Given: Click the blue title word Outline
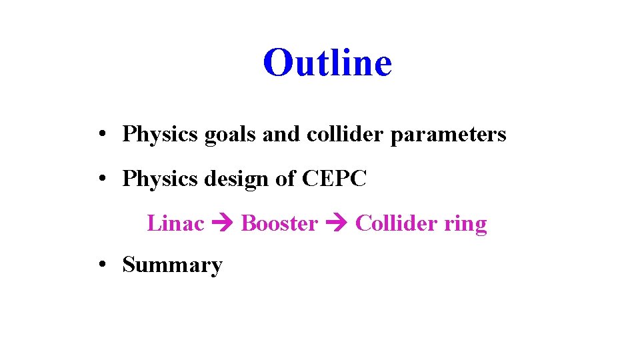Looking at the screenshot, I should [x=327, y=63].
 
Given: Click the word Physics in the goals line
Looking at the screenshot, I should [x=161, y=135].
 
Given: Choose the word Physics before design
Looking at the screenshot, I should [x=161, y=179].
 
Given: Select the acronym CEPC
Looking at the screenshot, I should [x=334, y=179].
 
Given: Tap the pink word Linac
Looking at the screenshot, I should [x=175, y=223].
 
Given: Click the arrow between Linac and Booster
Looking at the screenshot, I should [x=223, y=224].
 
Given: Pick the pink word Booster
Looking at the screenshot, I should [x=279, y=223].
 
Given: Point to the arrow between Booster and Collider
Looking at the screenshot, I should [x=337, y=224].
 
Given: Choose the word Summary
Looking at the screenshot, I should [x=172, y=265].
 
